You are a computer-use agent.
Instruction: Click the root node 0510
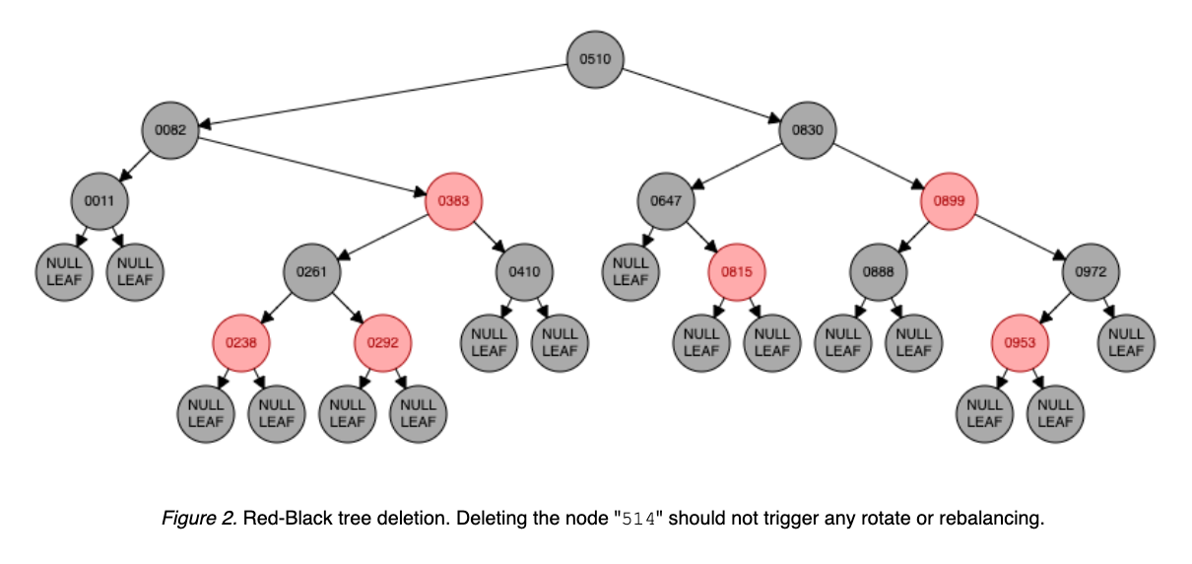595,59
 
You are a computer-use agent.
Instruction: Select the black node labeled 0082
169,130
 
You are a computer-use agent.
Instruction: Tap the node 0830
808,130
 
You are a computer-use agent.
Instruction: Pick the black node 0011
99,201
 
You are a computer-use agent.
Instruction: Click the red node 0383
453,201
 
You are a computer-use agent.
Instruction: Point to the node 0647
666,201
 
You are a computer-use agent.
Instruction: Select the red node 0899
949,201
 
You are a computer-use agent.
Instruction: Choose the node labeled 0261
312,272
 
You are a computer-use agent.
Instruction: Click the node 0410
524,272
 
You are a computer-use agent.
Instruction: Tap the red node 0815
737,272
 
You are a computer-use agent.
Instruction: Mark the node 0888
879,272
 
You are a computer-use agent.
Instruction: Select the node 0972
1091,272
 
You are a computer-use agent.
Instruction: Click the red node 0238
241,343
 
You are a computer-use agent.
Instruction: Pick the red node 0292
383,343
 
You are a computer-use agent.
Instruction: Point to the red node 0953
1020,343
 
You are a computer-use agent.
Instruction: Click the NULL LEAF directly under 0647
630,272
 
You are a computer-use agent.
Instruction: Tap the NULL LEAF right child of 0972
1126,343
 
